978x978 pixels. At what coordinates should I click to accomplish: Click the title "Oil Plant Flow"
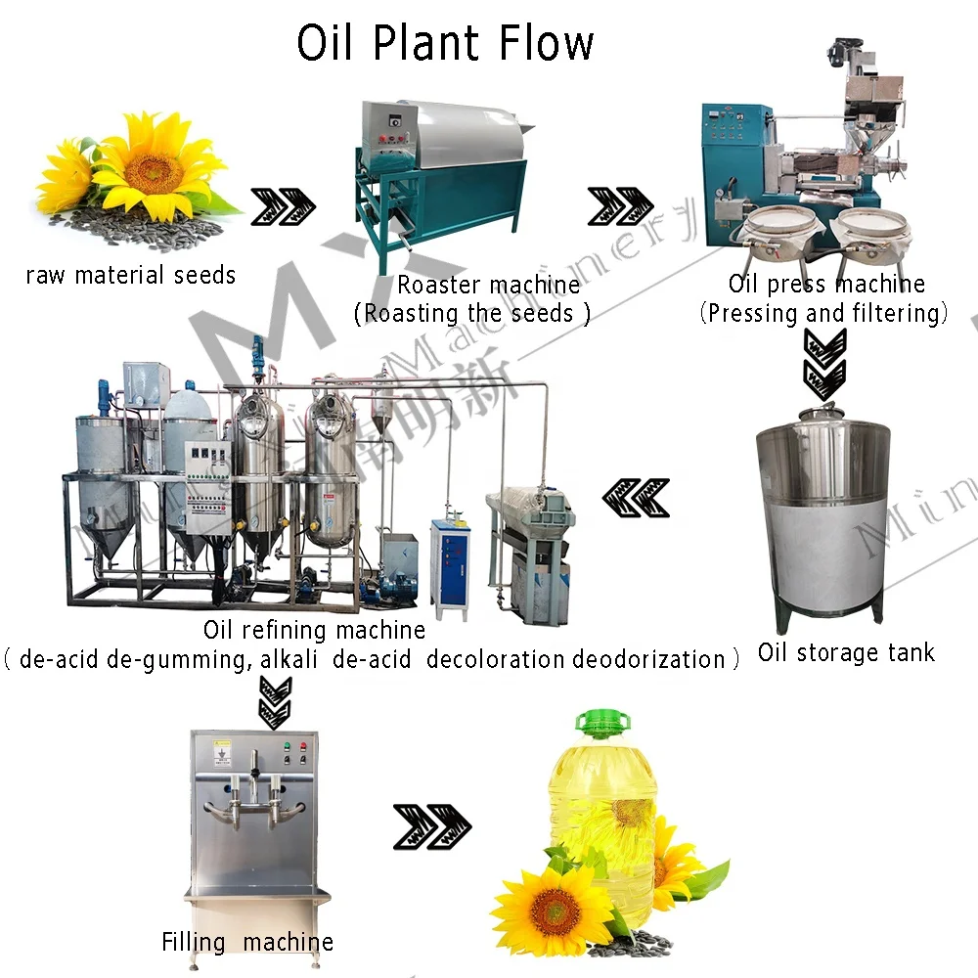point(445,44)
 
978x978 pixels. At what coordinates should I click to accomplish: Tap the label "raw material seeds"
point(130,275)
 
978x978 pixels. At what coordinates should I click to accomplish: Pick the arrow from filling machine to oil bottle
point(431,825)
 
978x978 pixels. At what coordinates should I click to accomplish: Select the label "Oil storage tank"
point(846,652)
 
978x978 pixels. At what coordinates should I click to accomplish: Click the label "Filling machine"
point(247,942)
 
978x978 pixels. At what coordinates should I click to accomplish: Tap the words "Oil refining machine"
point(314,630)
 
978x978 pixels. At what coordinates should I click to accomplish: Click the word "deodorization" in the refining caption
point(648,659)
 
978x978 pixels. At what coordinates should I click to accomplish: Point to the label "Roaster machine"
point(488,285)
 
